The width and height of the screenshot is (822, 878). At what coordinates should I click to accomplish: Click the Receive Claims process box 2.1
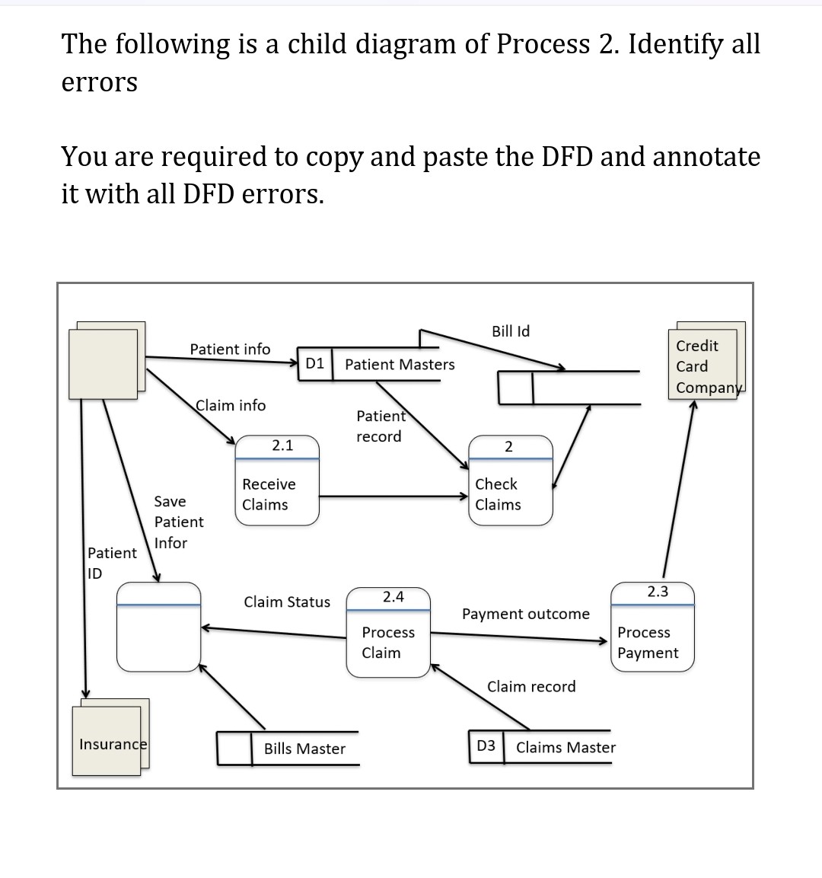tap(277, 481)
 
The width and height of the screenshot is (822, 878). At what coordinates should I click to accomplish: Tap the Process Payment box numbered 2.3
tap(652, 627)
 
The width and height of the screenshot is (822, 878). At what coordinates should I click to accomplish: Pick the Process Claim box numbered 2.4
tap(388, 632)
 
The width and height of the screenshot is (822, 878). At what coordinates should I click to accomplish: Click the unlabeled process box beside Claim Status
tap(158, 627)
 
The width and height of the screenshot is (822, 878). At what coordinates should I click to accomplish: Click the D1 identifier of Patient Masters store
tap(315, 364)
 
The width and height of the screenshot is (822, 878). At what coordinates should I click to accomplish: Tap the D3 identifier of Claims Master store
tap(486, 746)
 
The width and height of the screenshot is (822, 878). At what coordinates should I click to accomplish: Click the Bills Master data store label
tap(304, 749)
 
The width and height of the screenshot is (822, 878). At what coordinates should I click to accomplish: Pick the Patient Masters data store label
tap(400, 364)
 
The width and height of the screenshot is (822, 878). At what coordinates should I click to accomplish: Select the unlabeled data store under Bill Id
tap(567, 387)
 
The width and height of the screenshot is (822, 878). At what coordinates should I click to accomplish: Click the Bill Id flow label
tap(511, 331)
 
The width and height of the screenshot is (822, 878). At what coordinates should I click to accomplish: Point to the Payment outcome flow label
tap(525, 614)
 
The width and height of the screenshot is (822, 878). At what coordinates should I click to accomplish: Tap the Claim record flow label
tap(531, 686)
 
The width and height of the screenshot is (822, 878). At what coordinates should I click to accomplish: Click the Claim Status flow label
tap(287, 602)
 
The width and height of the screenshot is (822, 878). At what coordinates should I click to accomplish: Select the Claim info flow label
tap(231, 405)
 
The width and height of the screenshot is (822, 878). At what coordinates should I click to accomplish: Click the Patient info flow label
tap(230, 349)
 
